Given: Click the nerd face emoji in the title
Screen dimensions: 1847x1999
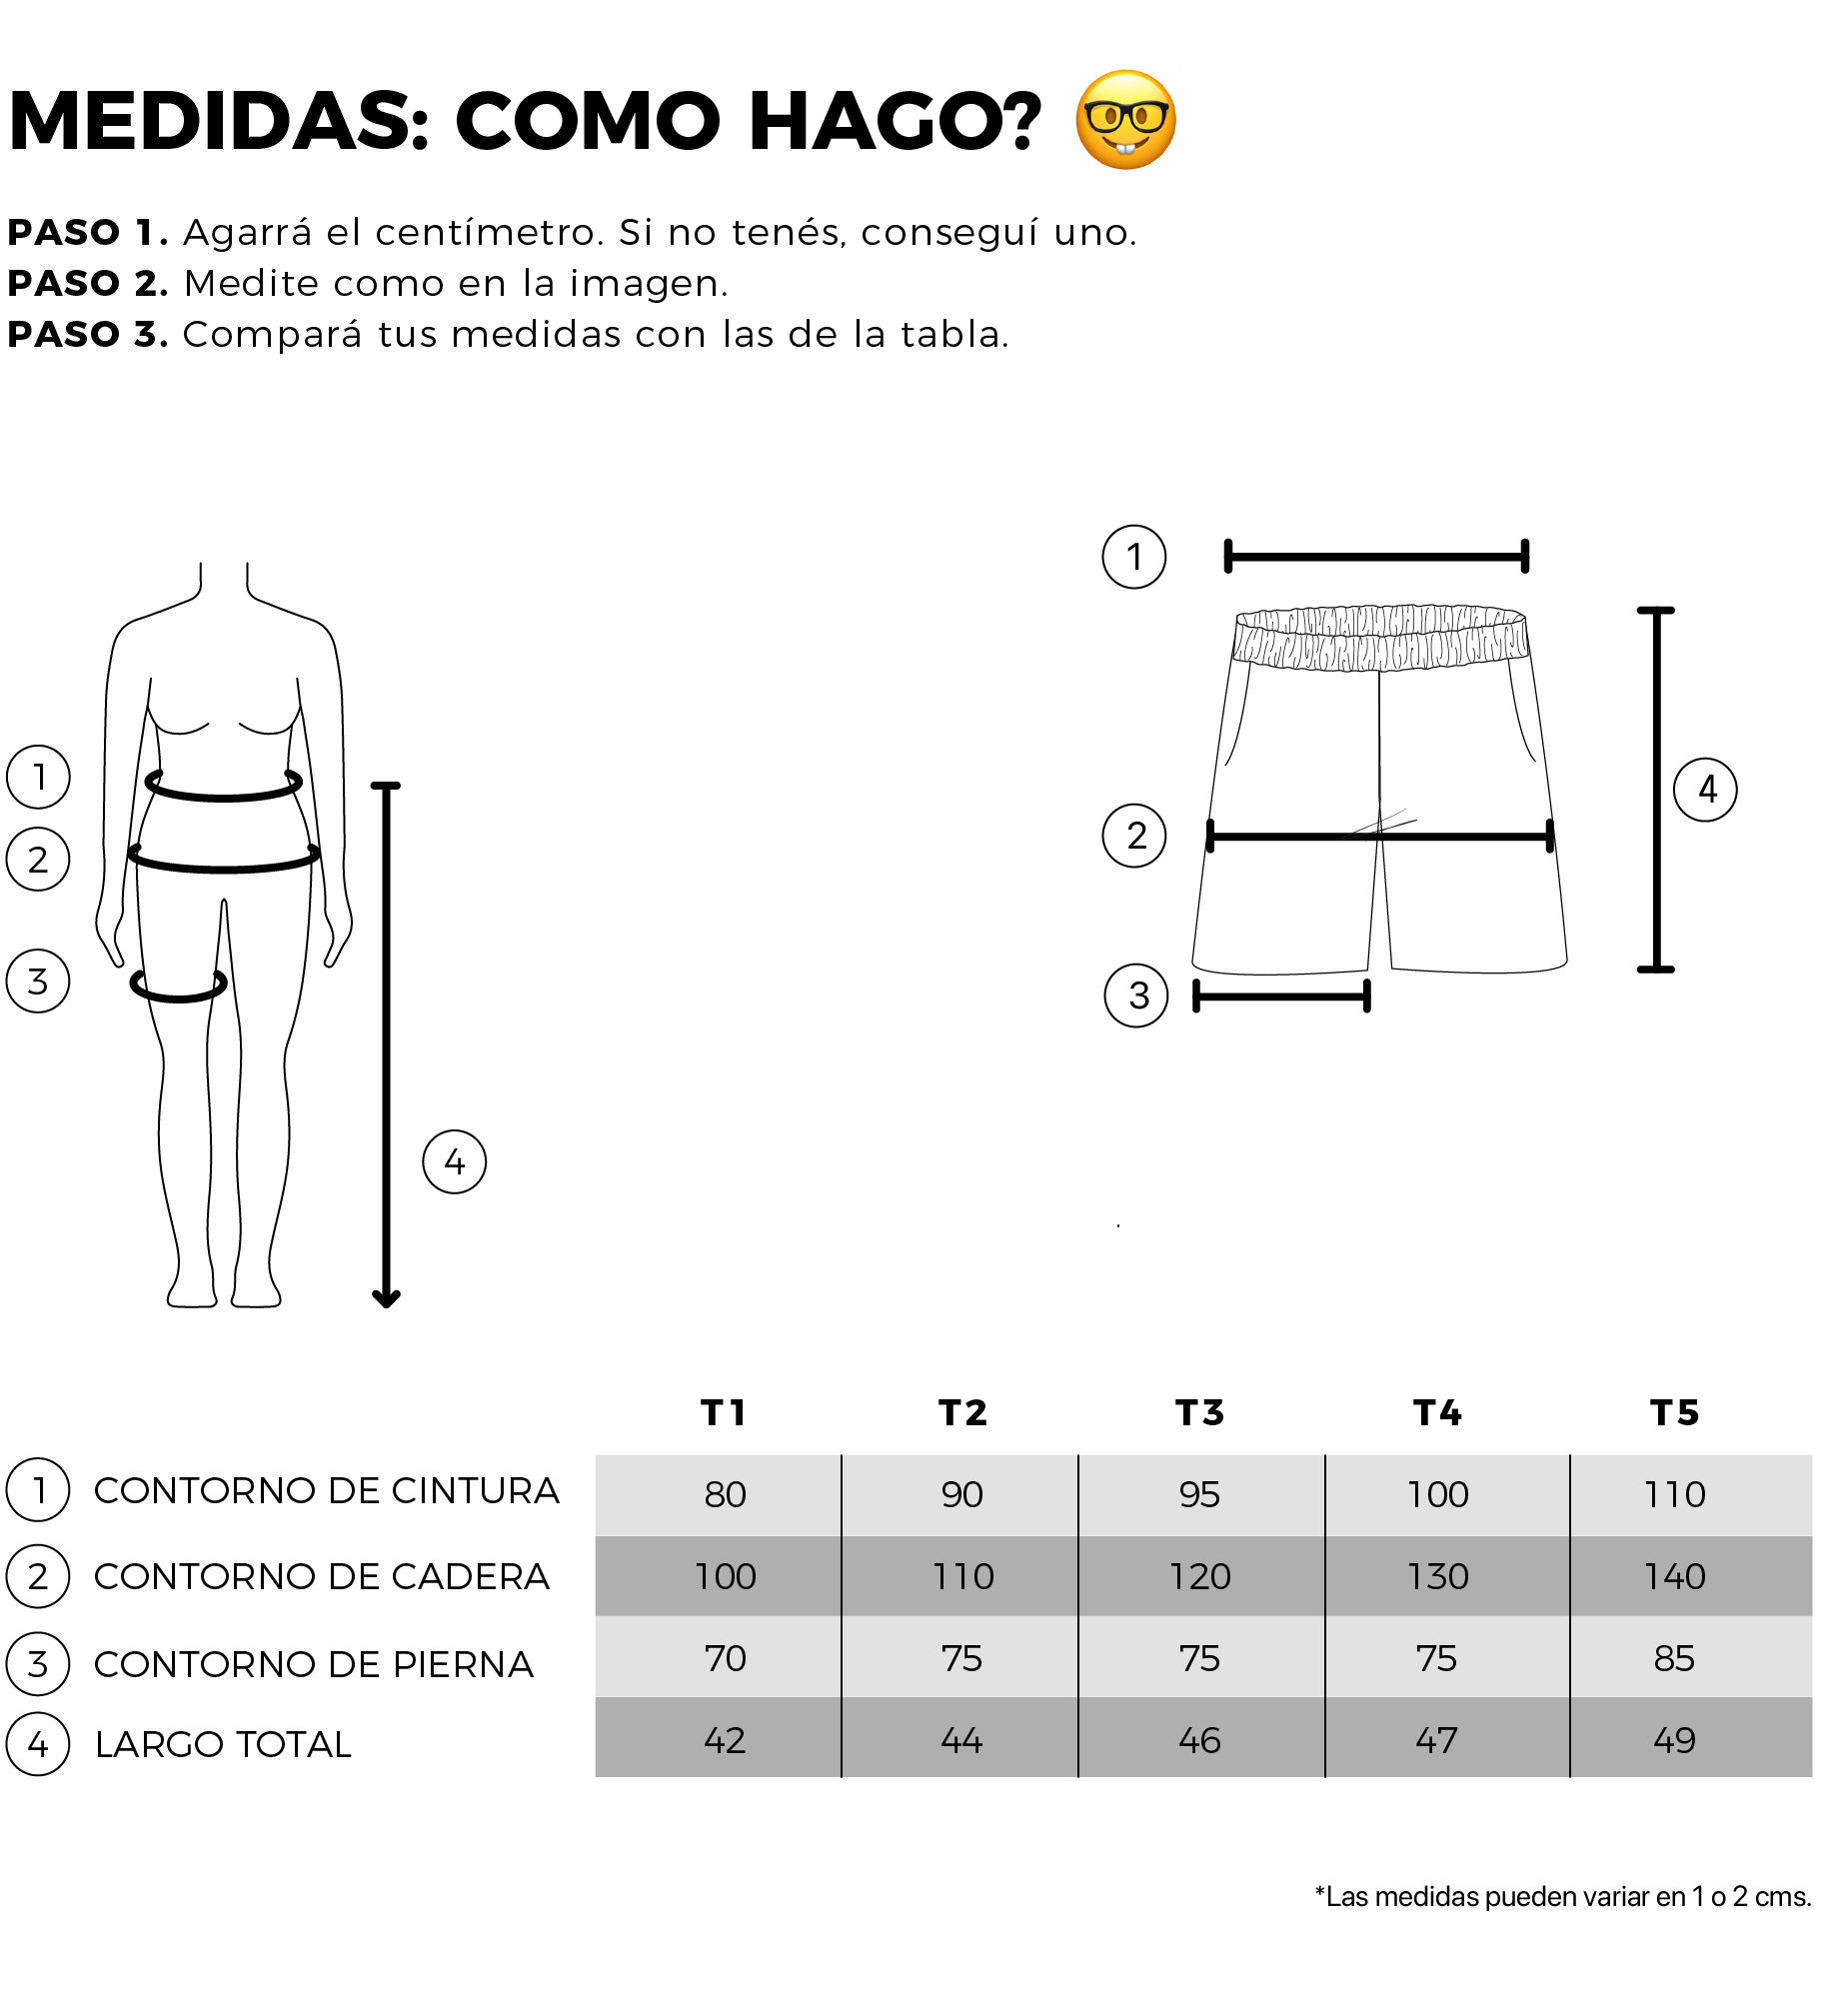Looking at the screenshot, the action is click(x=1125, y=120).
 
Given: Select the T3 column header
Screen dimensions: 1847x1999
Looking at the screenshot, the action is click(x=1199, y=1412).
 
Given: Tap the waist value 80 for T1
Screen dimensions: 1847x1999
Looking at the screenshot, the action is click(x=725, y=1494).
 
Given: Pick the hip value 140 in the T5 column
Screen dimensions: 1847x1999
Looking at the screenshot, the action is click(x=1674, y=1576).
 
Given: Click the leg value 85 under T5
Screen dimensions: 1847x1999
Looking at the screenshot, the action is click(x=1674, y=1658).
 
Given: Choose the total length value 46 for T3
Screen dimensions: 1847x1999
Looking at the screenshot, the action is click(x=1199, y=1740).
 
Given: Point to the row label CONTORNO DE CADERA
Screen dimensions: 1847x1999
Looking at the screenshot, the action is click(x=321, y=1576).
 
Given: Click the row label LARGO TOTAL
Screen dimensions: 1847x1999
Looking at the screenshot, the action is click(x=223, y=1744).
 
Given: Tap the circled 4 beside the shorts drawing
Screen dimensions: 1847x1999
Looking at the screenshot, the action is click(x=1705, y=790).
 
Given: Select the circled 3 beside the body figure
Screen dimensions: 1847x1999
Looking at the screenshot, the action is click(x=38, y=982).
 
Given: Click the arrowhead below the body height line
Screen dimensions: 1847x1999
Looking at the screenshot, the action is click(x=386, y=1298).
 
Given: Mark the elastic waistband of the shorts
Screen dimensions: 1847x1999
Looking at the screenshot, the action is click(x=1380, y=637).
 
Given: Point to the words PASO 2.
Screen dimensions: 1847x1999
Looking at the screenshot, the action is click(x=88, y=283).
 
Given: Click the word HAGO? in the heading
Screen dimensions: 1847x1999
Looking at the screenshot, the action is click(x=895, y=121).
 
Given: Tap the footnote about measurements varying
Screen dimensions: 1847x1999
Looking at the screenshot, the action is click(x=1563, y=1896).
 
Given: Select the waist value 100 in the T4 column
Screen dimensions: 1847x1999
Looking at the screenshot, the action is click(x=1437, y=1494).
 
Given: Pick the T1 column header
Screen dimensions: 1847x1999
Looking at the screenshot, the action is click(x=724, y=1412).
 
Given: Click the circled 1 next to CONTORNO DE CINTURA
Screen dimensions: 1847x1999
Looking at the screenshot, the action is click(x=38, y=1489).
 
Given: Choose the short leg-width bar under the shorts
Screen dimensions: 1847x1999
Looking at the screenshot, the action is click(x=1281, y=996).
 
